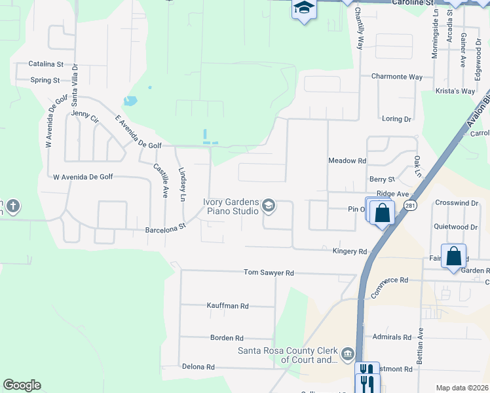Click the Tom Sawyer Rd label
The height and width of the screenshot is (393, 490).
coord(269,272)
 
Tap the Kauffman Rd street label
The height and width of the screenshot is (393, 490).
coord(227,306)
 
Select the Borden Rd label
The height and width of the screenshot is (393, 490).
coord(227,338)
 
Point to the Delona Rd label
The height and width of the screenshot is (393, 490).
coord(198,367)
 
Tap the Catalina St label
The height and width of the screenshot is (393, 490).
coord(46,64)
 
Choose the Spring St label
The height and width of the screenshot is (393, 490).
coord(45,81)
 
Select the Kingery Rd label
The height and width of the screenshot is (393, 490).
coord(350,251)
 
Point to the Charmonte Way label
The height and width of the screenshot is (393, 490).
coord(397,77)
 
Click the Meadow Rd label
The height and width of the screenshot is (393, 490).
coord(347,160)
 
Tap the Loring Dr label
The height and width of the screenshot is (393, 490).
coord(396,119)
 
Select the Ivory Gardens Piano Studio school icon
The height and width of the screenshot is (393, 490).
coord(268,207)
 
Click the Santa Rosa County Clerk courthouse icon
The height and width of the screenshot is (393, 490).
coord(347,355)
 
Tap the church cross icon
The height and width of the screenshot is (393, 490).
coord(12,208)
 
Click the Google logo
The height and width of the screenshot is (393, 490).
coord(22,385)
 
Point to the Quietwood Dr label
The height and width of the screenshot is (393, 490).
coord(456,227)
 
